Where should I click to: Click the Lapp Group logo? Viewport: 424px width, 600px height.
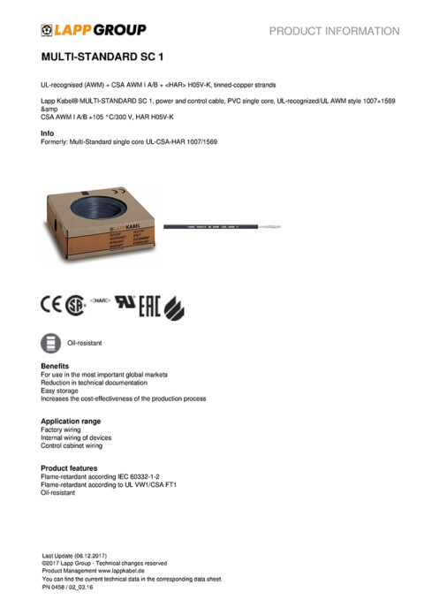coord(93,30)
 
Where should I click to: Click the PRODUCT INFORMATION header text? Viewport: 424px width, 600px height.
coord(334,31)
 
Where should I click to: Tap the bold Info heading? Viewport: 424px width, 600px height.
coord(48,133)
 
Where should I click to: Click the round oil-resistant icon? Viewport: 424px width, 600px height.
coord(51,342)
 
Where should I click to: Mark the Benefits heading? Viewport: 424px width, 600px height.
coord(55,365)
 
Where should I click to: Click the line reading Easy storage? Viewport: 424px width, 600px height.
coord(61,391)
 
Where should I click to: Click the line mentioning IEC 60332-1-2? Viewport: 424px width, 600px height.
coord(100,476)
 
